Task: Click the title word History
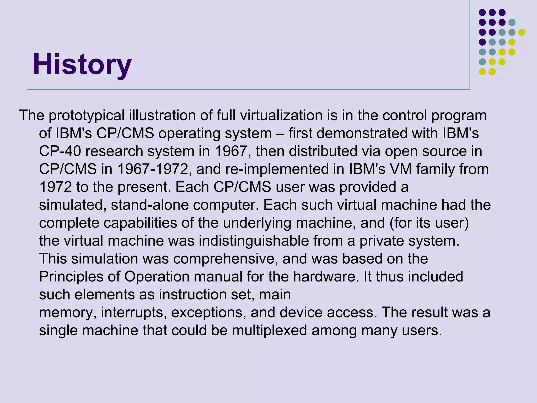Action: (x=82, y=65)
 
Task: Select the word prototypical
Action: (x=87, y=115)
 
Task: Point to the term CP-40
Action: (x=60, y=151)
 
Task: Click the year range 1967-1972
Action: (x=153, y=169)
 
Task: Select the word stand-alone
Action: (x=150, y=205)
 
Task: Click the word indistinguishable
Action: (x=254, y=241)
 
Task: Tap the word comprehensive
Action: (x=225, y=259)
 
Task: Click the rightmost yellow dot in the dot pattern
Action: (x=522, y=32)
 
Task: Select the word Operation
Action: (x=157, y=277)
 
